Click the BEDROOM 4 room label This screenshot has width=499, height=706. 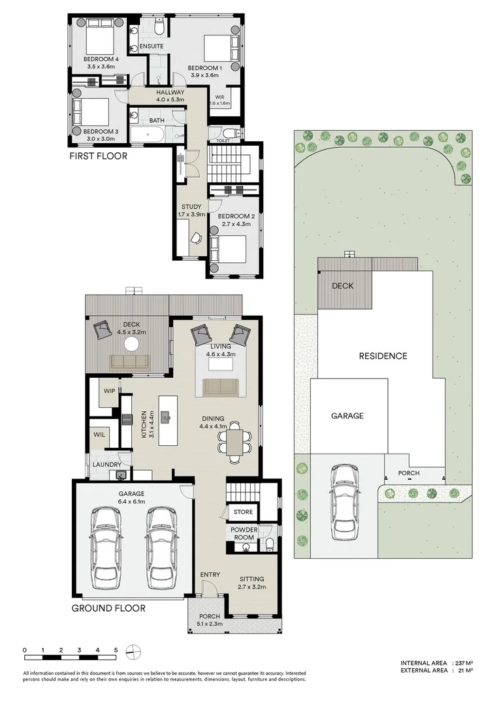tap(99, 59)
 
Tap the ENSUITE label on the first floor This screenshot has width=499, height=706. tap(152, 46)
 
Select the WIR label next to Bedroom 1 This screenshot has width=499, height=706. tap(220, 97)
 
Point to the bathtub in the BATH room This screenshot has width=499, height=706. tap(147, 135)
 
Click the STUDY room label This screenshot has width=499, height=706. tap(191, 207)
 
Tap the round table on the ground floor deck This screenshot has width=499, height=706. tap(133, 344)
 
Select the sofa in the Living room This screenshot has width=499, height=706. tap(221, 387)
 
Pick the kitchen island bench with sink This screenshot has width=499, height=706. tap(167, 419)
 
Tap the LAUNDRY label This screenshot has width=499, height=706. tap(106, 465)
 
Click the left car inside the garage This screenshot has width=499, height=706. tap(106, 547)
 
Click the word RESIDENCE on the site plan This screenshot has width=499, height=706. tap(383, 356)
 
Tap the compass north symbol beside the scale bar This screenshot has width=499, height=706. tap(133, 651)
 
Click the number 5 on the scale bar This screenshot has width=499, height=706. tap(115, 650)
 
